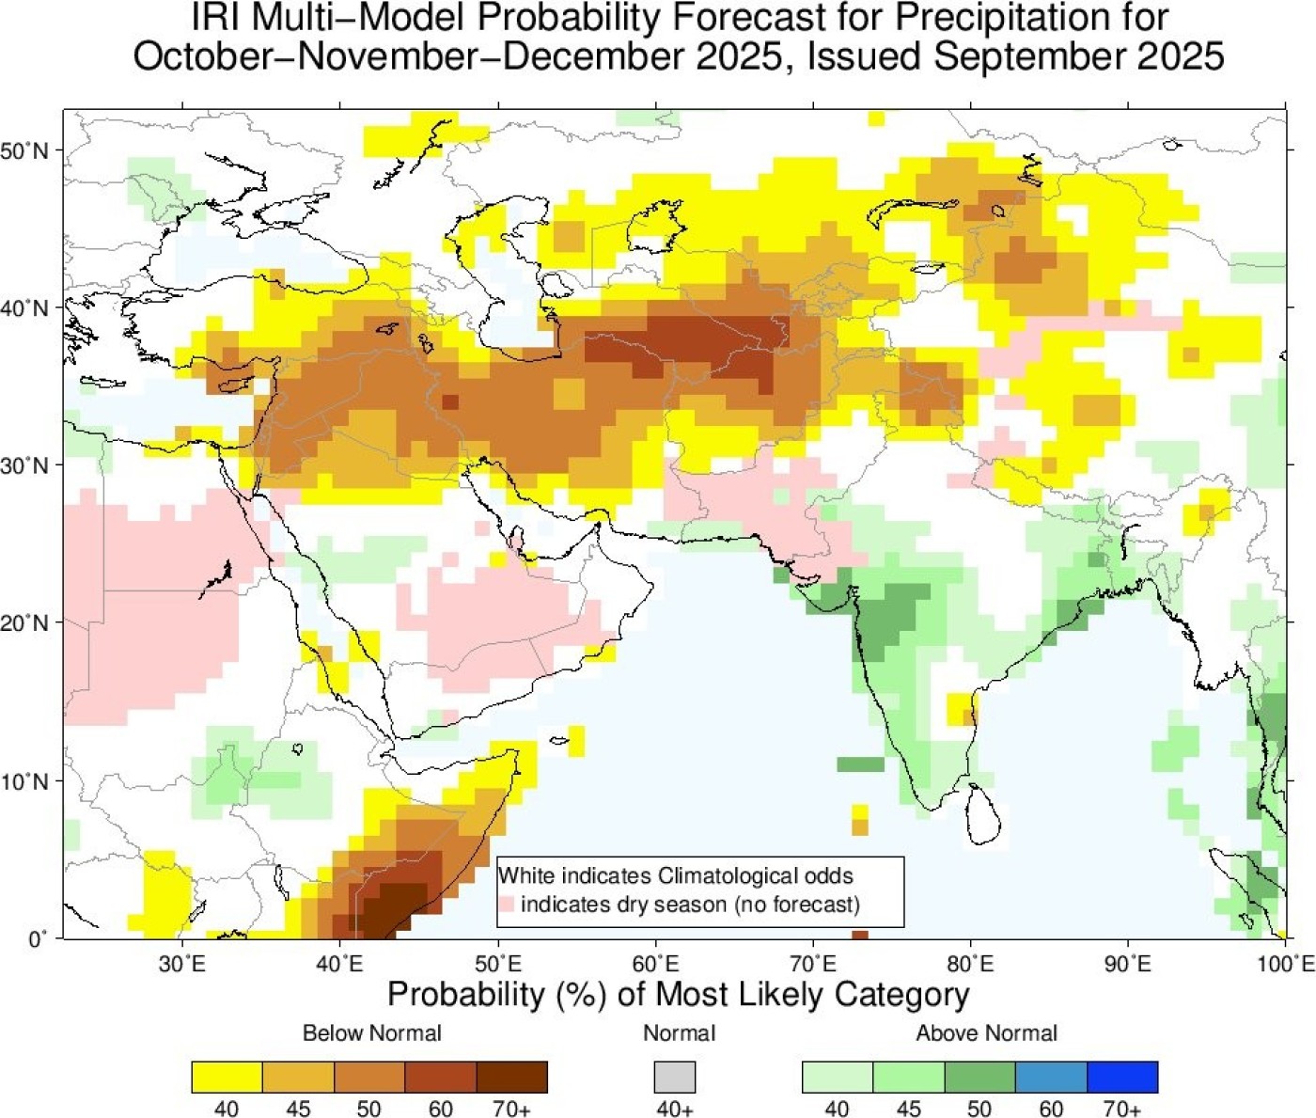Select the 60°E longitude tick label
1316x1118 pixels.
[655, 963]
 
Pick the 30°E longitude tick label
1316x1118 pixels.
[182, 963]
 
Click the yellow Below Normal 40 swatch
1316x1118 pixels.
[227, 1077]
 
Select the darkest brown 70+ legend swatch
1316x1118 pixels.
[511, 1077]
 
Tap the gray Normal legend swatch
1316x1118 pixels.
[675, 1077]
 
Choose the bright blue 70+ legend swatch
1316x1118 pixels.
[1122, 1077]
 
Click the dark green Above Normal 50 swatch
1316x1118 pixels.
[979, 1077]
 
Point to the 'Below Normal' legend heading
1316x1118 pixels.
[371, 1033]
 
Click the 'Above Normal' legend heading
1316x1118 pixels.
[986, 1033]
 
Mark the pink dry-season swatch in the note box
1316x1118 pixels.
[508, 905]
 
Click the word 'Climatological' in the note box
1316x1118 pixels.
[715, 876]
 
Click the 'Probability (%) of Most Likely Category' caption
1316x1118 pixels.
[678, 995]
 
